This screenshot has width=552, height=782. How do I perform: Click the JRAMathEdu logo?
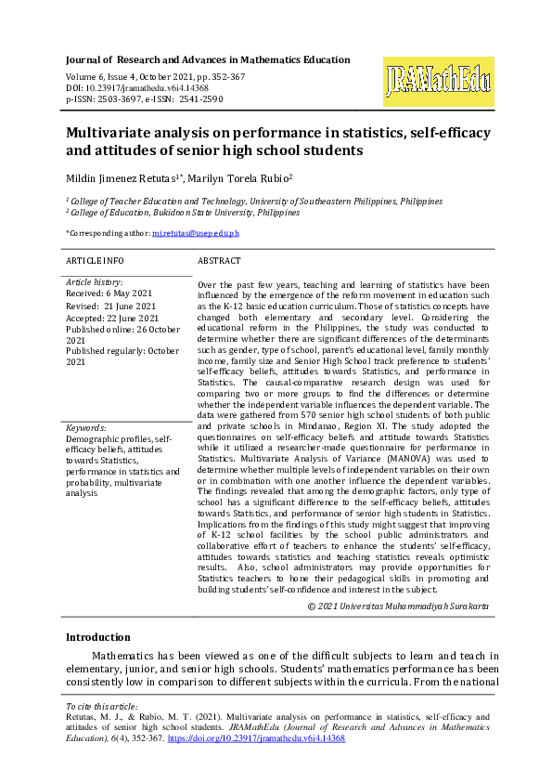point(438,80)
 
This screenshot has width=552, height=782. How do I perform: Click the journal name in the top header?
point(208,59)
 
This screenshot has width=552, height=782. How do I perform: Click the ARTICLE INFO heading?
point(95,261)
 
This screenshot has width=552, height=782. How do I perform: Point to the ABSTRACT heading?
point(219,261)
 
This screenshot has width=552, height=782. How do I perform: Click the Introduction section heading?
point(98,637)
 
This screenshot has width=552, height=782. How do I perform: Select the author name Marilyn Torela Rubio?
point(240,177)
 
